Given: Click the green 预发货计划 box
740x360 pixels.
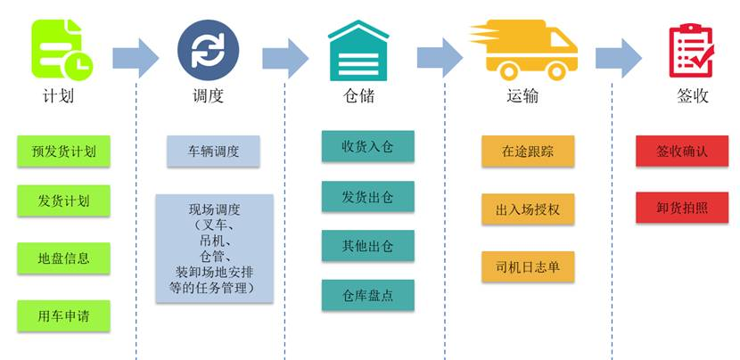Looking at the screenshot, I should [63, 151].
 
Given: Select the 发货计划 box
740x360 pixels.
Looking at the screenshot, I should [63, 200].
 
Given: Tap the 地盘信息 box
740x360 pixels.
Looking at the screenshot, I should [63, 258].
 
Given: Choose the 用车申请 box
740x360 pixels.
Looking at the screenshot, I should [63, 315].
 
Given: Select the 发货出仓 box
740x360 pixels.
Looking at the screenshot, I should [367, 196].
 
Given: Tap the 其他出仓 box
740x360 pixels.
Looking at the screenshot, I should [367, 245].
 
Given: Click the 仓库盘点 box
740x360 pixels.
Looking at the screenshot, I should [367, 295].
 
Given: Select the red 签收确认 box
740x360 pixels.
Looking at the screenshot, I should [682, 151].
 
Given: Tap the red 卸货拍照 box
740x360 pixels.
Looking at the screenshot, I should [682, 208].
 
